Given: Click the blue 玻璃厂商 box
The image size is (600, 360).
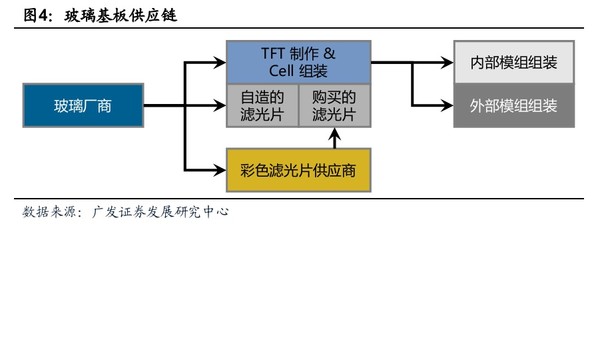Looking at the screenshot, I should click(83, 104).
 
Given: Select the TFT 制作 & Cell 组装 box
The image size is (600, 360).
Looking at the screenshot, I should click(299, 63).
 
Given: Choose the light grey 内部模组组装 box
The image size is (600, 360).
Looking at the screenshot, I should click(515, 62).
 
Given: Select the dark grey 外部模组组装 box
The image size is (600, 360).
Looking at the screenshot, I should click(515, 105).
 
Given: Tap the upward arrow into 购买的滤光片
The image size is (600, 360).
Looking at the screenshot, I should click(335, 132).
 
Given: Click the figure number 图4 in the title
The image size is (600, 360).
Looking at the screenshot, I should click(34, 16).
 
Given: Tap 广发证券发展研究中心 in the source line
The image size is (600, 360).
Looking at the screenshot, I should click(160, 212).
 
